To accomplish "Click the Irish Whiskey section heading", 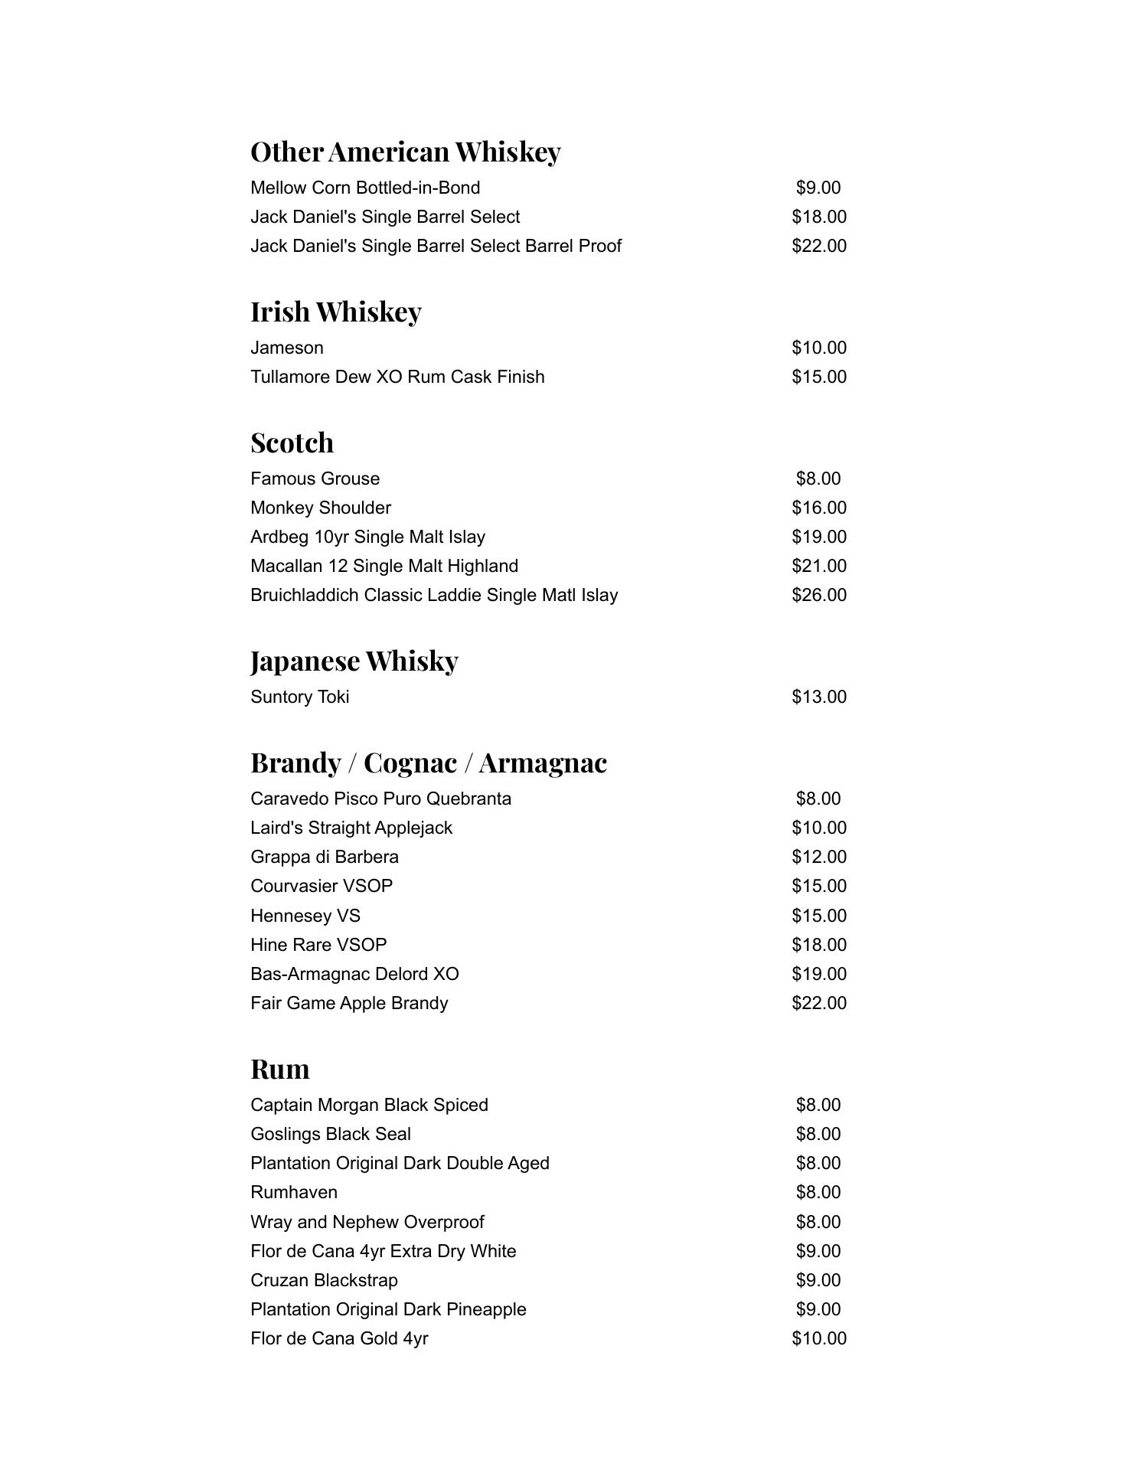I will point(335,312).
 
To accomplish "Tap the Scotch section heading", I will point(292,443).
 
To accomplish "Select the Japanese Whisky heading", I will point(354,661).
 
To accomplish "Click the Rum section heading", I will point(279,1069).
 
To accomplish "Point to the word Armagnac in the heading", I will point(543,763).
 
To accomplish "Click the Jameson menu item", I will point(287,348).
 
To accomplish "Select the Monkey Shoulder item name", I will point(321,508).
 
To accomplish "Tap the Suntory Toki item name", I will point(299,697).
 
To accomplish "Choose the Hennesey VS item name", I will point(305,916).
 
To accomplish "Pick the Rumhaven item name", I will point(294,1193).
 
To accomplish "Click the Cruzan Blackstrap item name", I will point(324,1281).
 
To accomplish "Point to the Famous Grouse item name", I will point(315,479).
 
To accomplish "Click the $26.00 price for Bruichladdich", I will point(818,596).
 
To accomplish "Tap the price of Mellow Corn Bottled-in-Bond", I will point(818,188).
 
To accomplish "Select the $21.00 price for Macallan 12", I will point(818,567).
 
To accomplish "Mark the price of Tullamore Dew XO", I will point(818,377).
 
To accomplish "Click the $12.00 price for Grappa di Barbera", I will point(818,857).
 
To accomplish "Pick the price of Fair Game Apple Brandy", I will point(818,1004).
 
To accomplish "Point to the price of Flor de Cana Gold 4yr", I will point(818,1339).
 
